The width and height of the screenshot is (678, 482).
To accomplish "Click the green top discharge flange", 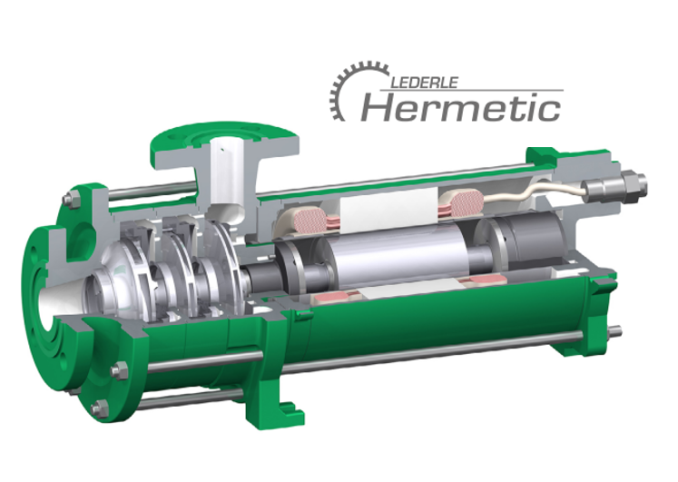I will pyautogui.click(x=222, y=133).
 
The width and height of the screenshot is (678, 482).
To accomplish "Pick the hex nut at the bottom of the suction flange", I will pyautogui.click(x=101, y=411).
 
